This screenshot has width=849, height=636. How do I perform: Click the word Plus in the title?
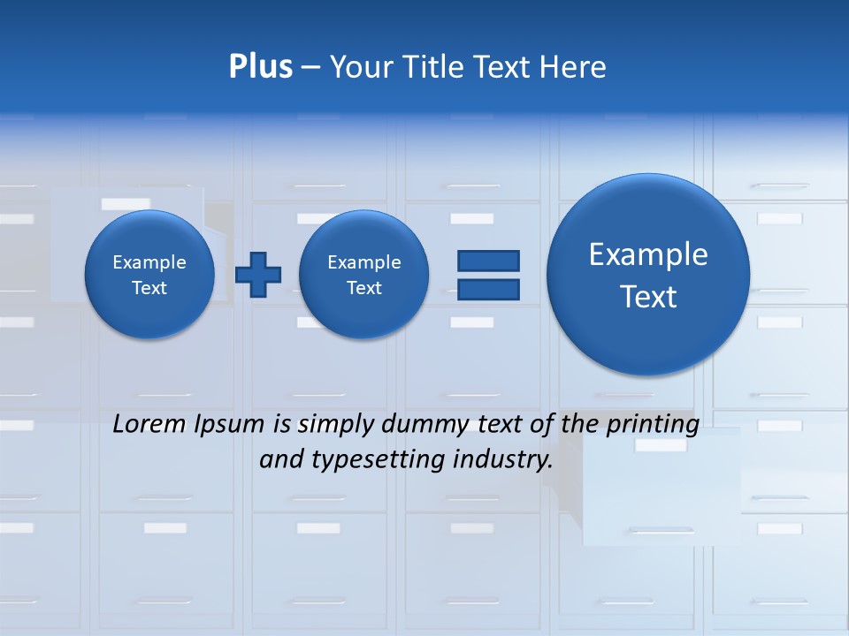click(260, 67)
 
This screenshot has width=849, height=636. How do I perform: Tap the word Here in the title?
click(573, 67)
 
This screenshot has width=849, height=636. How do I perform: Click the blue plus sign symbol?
click(258, 275)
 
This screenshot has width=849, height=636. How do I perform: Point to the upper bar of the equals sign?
click(487, 261)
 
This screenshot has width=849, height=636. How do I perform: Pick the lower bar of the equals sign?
click(487, 289)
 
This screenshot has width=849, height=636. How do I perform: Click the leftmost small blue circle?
click(149, 275)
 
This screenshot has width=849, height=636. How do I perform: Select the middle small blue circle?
click(363, 275)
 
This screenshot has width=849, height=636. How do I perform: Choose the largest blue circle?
click(648, 275)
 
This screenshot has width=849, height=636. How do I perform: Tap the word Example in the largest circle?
click(648, 254)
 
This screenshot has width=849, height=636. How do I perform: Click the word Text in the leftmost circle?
click(149, 288)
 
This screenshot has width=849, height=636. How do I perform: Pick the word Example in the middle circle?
click(363, 262)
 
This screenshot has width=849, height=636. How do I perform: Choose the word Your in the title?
click(361, 67)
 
